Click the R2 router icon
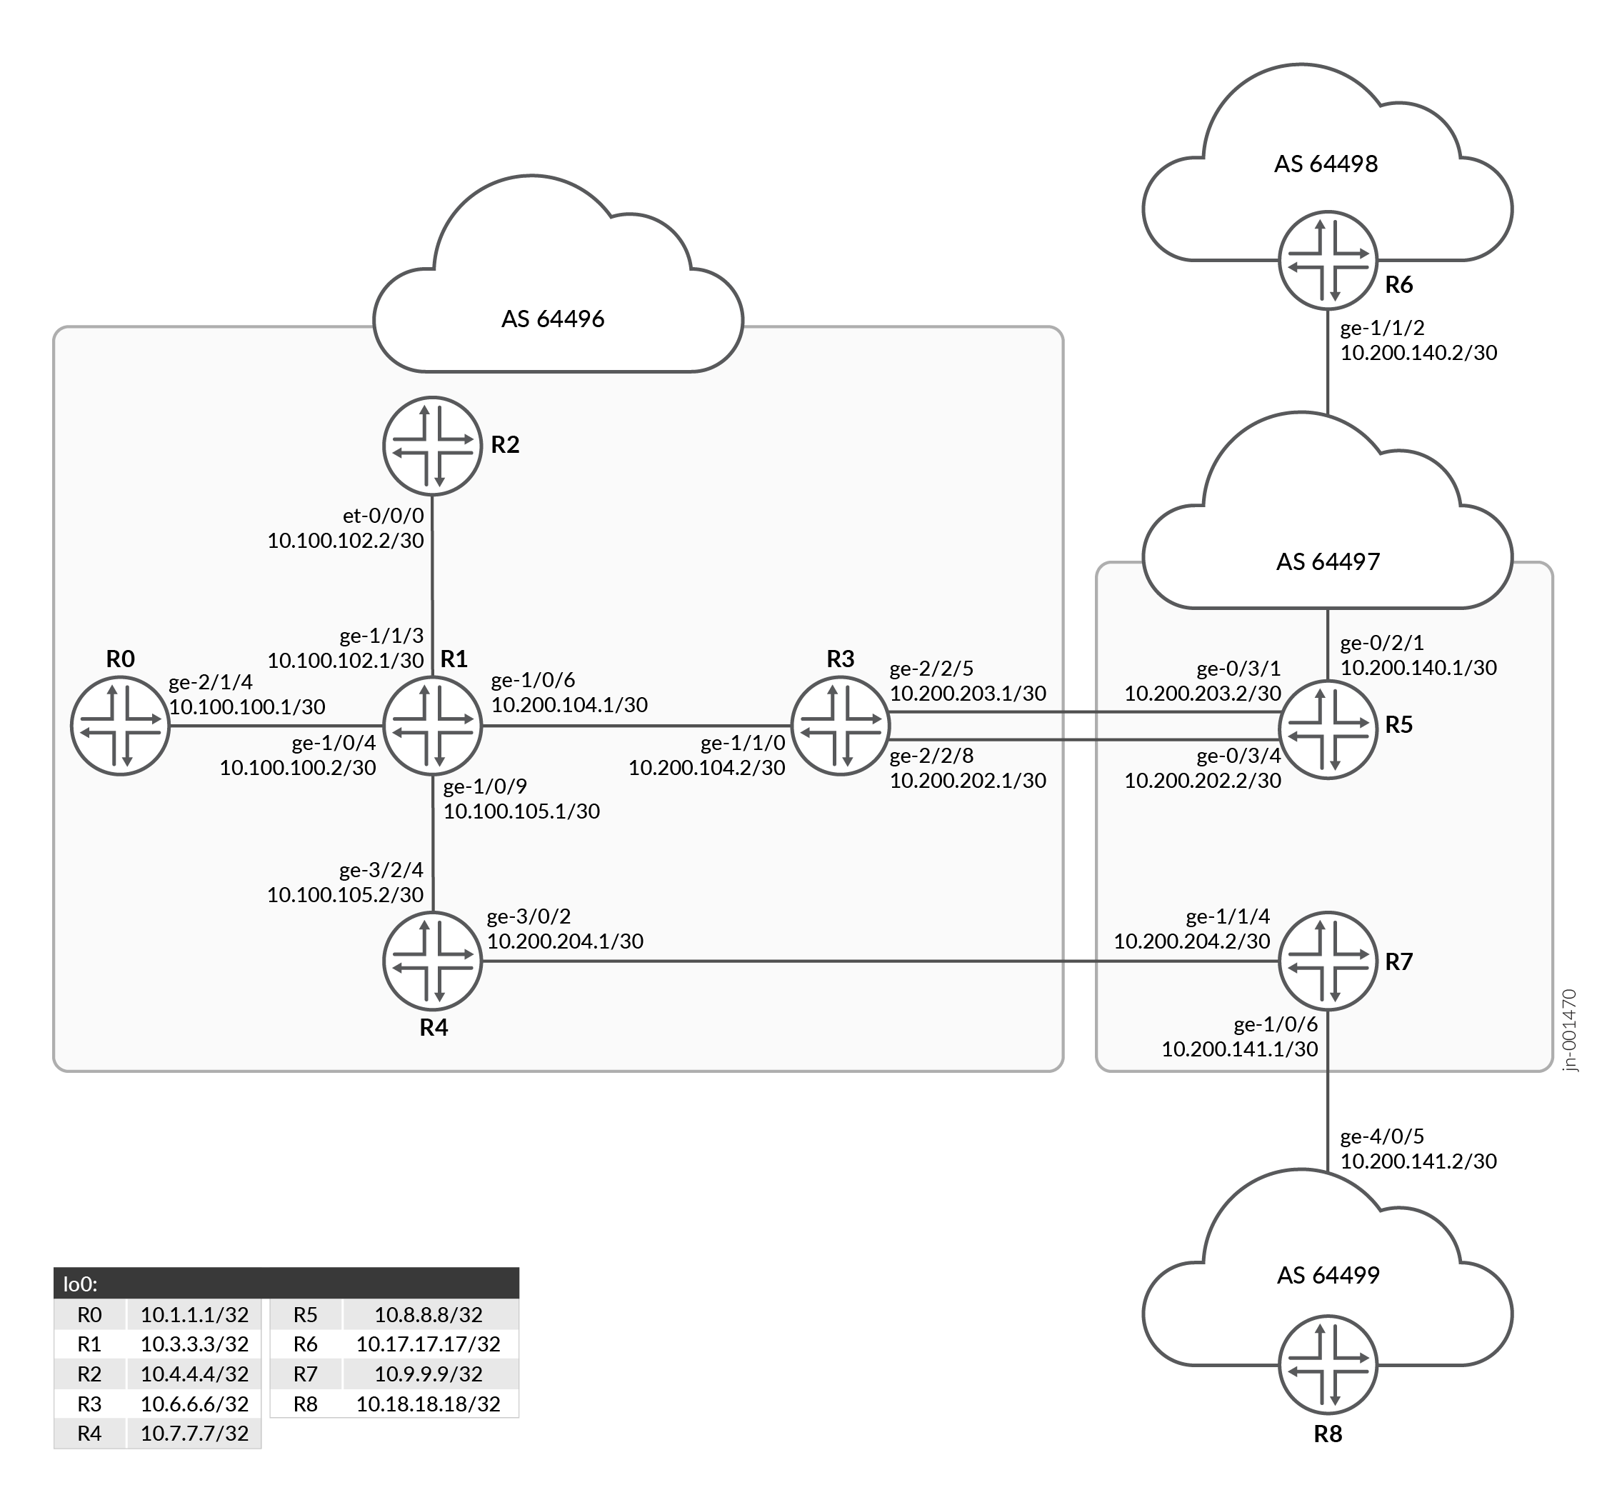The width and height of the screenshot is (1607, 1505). point(433,446)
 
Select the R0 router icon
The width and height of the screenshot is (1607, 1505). point(120,726)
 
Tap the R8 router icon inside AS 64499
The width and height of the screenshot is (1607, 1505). point(1327,1365)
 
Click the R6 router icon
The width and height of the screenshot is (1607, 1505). point(1327,260)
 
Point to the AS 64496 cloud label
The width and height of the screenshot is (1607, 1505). point(553,319)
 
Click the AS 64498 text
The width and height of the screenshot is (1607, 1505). point(1326,164)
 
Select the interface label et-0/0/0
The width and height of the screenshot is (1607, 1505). point(383,516)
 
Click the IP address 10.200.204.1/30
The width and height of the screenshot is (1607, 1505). point(565,941)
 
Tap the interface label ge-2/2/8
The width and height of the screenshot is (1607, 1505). point(931,756)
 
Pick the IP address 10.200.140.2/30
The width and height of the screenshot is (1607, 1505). point(1418,352)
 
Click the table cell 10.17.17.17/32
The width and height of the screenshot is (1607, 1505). point(429,1344)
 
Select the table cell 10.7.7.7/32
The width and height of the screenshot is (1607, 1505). point(195,1433)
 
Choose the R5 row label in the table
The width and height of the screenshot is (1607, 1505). point(306,1314)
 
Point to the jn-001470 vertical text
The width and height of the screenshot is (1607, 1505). point(1569,1031)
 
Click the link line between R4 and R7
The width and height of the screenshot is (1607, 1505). point(808,961)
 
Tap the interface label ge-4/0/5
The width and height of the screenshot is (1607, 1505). point(1382,1136)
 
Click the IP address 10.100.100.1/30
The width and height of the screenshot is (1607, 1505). point(247,707)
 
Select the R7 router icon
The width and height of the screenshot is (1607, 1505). point(1327,961)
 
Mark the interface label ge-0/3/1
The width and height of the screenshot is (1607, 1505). point(1238,669)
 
